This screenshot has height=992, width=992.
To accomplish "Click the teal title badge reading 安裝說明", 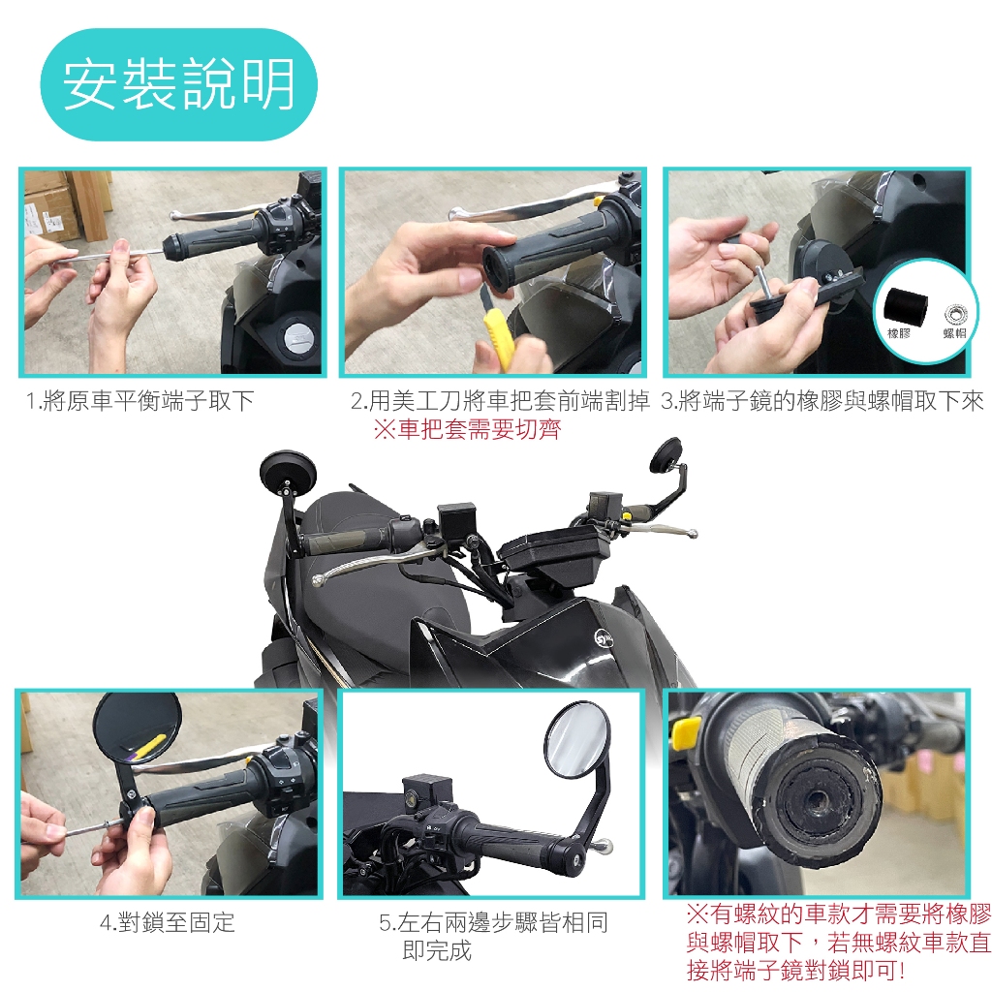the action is point(178,84).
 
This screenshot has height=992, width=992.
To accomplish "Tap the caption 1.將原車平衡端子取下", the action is point(139,400).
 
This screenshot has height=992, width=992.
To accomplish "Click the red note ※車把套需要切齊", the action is point(467,429).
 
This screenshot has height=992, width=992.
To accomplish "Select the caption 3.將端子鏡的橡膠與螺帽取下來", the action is point(822,400).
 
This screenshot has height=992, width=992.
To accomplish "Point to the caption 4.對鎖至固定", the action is point(167,922).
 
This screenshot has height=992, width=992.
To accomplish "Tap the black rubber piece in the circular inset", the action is point(905,307).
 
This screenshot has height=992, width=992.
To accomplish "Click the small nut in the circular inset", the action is point(955,314).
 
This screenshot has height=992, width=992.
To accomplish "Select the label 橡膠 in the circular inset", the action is point(899,333).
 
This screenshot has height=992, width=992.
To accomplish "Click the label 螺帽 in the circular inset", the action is point(954,333).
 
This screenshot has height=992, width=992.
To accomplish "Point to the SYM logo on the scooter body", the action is point(604,637).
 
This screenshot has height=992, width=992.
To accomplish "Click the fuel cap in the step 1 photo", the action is point(301,335).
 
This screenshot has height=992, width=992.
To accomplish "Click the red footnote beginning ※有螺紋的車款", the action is point(838,942).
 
